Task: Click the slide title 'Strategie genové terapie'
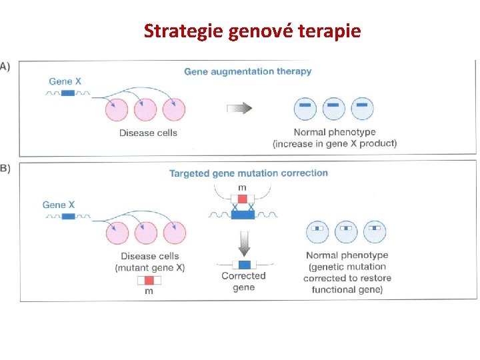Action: pyautogui.click(x=252, y=31)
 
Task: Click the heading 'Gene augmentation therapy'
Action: pyautogui.click(x=247, y=71)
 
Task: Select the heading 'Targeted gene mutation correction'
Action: pyautogui.click(x=249, y=173)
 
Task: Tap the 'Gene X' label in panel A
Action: pyautogui.click(x=65, y=82)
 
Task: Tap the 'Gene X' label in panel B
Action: pyautogui.click(x=59, y=205)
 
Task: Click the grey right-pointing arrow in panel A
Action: pyautogui.click(x=239, y=108)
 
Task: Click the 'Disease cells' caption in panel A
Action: pyautogui.click(x=148, y=133)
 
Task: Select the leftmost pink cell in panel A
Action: pyautogui.click(x=117, y=109)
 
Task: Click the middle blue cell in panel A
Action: pyautogui.click(x=333, y=108)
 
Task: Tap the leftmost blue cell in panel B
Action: pyautogui.click(x=317, y=231)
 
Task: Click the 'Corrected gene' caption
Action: pyautogui.click(x=243, y=281)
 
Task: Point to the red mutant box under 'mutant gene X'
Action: pyautogui.click(x=149, y=280)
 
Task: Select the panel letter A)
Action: pyautogui.click(x=5, y=65)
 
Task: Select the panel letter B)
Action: pyautogui.click(x=5, y=168)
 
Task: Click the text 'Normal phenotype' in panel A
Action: pyautogui.click(x=335, y=132)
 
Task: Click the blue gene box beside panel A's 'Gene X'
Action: pyautogui.click(x=67, y=93)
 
